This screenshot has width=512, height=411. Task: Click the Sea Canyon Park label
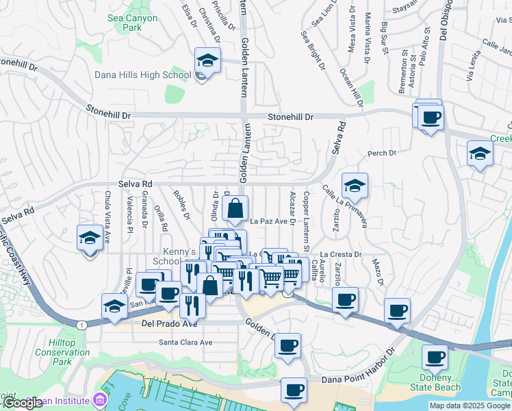[x=133, y=23]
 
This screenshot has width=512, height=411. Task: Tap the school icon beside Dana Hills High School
[x=206, y=61]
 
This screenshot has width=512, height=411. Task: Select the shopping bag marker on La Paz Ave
[x=234, y=210]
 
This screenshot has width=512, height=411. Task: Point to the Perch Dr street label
[x=382, y=153]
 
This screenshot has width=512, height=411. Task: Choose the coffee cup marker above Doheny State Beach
[x=435, y=357]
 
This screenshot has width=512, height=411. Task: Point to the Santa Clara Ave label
[x=185, y=342]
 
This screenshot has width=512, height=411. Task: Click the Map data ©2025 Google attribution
[x=470, y=406]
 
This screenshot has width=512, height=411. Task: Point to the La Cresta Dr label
[x=340, y=254]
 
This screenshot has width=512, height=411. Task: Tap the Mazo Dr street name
[x=377, y=273]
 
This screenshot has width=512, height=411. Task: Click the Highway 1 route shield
[x=81, y=324]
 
